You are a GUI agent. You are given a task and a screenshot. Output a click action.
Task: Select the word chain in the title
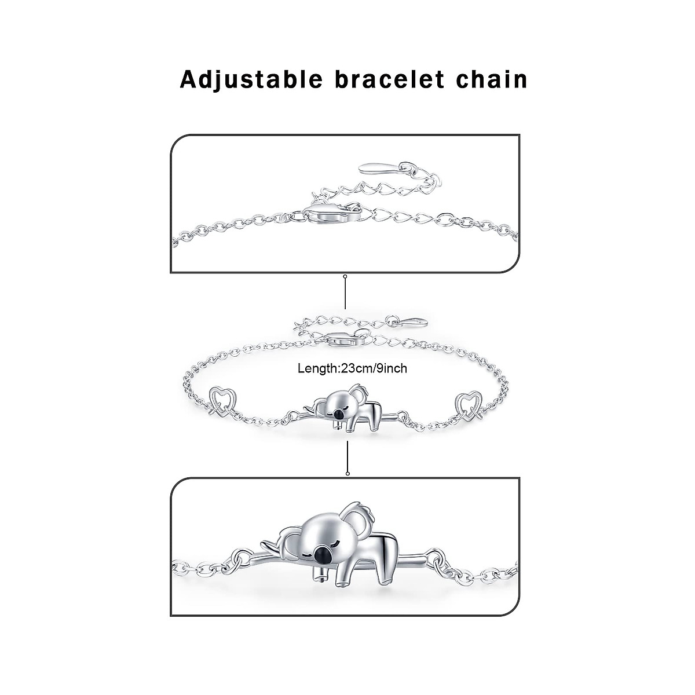click(x=491, y=80)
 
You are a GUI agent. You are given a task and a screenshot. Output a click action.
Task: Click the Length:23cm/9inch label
click(x=352, y=368)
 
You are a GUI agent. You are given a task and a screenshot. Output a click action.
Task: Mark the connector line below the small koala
click(x=347, y=458)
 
